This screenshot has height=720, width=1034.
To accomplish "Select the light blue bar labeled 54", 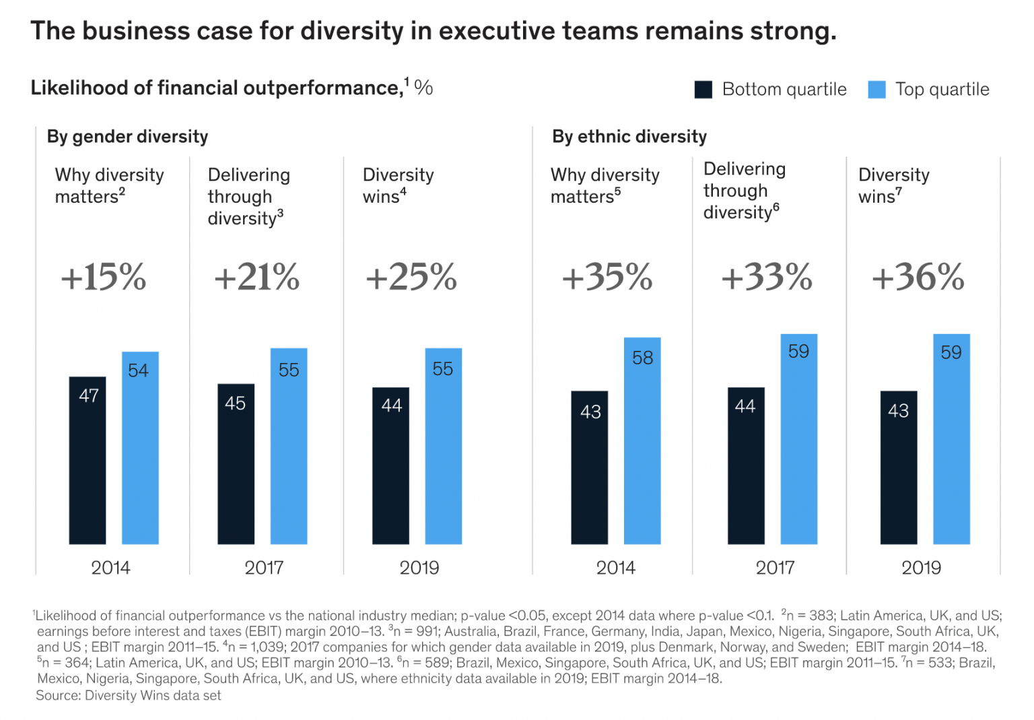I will click(140, 448).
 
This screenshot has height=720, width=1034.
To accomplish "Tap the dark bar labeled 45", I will click(236, 464).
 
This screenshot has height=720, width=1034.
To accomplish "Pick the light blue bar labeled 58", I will click(642, 440).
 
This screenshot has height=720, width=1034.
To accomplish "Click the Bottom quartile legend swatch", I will click(703, 90).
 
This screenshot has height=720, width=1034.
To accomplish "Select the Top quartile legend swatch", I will click(876, 90).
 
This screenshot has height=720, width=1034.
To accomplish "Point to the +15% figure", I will click(104, 277).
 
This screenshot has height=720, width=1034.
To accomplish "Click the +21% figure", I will click(256, 277).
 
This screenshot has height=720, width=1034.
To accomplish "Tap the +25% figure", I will click(411, 277).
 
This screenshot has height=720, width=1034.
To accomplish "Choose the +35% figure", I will click(607, 277).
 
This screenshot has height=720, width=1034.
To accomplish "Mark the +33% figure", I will click(767, 277).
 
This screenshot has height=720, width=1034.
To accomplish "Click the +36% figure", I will click(918, 277).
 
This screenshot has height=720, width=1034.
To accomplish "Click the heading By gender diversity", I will click(127, 137).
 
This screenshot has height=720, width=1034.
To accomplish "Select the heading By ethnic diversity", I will click(629, 137).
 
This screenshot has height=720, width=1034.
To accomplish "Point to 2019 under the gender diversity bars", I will click(419, 568).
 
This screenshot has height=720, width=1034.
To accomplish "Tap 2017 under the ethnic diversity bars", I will click(775, 568).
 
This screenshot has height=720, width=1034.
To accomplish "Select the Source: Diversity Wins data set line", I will click(129, 696).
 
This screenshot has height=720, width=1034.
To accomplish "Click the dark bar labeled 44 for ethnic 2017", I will click(746, 465).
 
